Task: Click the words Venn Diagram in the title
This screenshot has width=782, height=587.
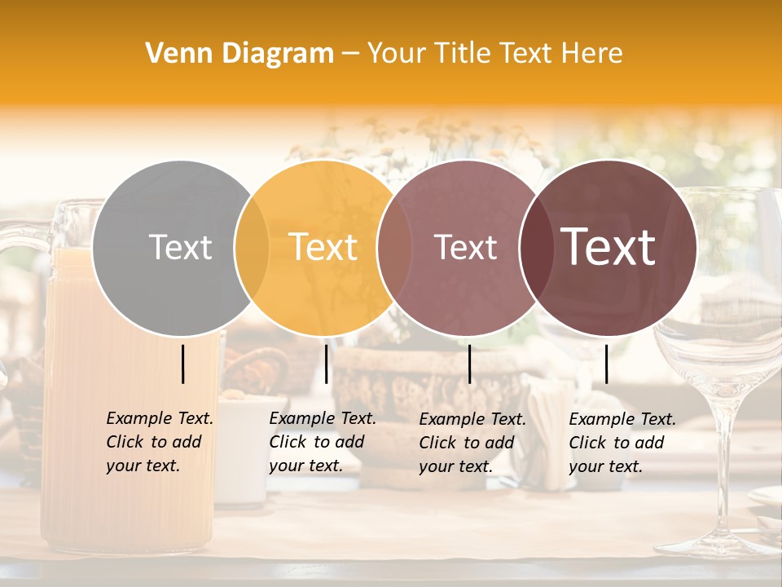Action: coord(239,54)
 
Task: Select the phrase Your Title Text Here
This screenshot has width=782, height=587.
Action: coord(494,54)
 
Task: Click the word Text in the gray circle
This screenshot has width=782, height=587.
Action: coord(180,247)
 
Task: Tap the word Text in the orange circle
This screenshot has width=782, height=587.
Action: coord(323,247)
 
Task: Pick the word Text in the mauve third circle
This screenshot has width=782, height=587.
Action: coord(465,247)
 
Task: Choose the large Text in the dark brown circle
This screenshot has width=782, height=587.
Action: coord(608,247)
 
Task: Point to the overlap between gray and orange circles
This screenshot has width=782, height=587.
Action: coord(252,247)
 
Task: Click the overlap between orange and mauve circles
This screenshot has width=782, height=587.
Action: coord(394,247)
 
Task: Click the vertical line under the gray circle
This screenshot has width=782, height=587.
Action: coord(183,364)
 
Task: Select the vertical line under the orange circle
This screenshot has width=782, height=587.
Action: coord(326,364)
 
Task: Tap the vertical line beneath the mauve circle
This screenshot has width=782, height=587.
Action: coord(469,364)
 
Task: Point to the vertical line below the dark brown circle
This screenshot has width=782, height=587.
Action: coord(606,364)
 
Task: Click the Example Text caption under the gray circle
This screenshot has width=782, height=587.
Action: coord(159,442)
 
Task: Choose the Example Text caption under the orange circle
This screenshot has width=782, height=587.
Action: coord(322,442)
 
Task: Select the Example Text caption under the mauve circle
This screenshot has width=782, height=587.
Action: coord(472,443)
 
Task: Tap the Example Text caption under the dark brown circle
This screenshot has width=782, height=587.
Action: coord(622,443)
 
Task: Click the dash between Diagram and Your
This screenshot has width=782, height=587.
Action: coord(350,54)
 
